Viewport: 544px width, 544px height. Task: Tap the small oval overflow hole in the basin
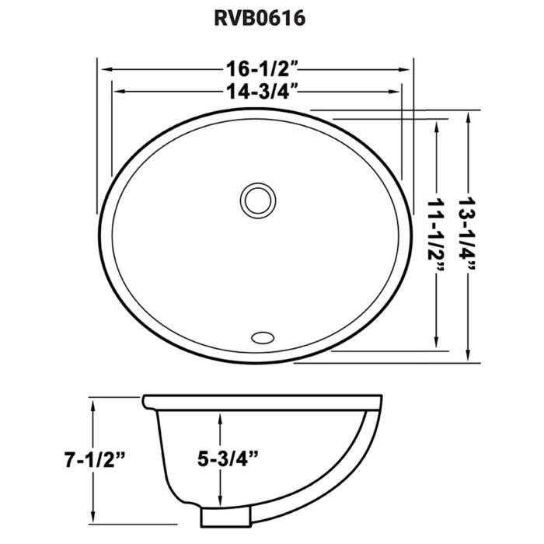(x=263, y=337)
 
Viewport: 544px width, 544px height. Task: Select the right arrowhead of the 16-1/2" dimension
(x=410, y=67)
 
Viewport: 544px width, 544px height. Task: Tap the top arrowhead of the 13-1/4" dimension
(x=470, y=117)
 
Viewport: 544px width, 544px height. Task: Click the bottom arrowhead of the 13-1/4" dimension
(x=470, y=357)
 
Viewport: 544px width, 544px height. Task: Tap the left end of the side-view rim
(x=145, y=401)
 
